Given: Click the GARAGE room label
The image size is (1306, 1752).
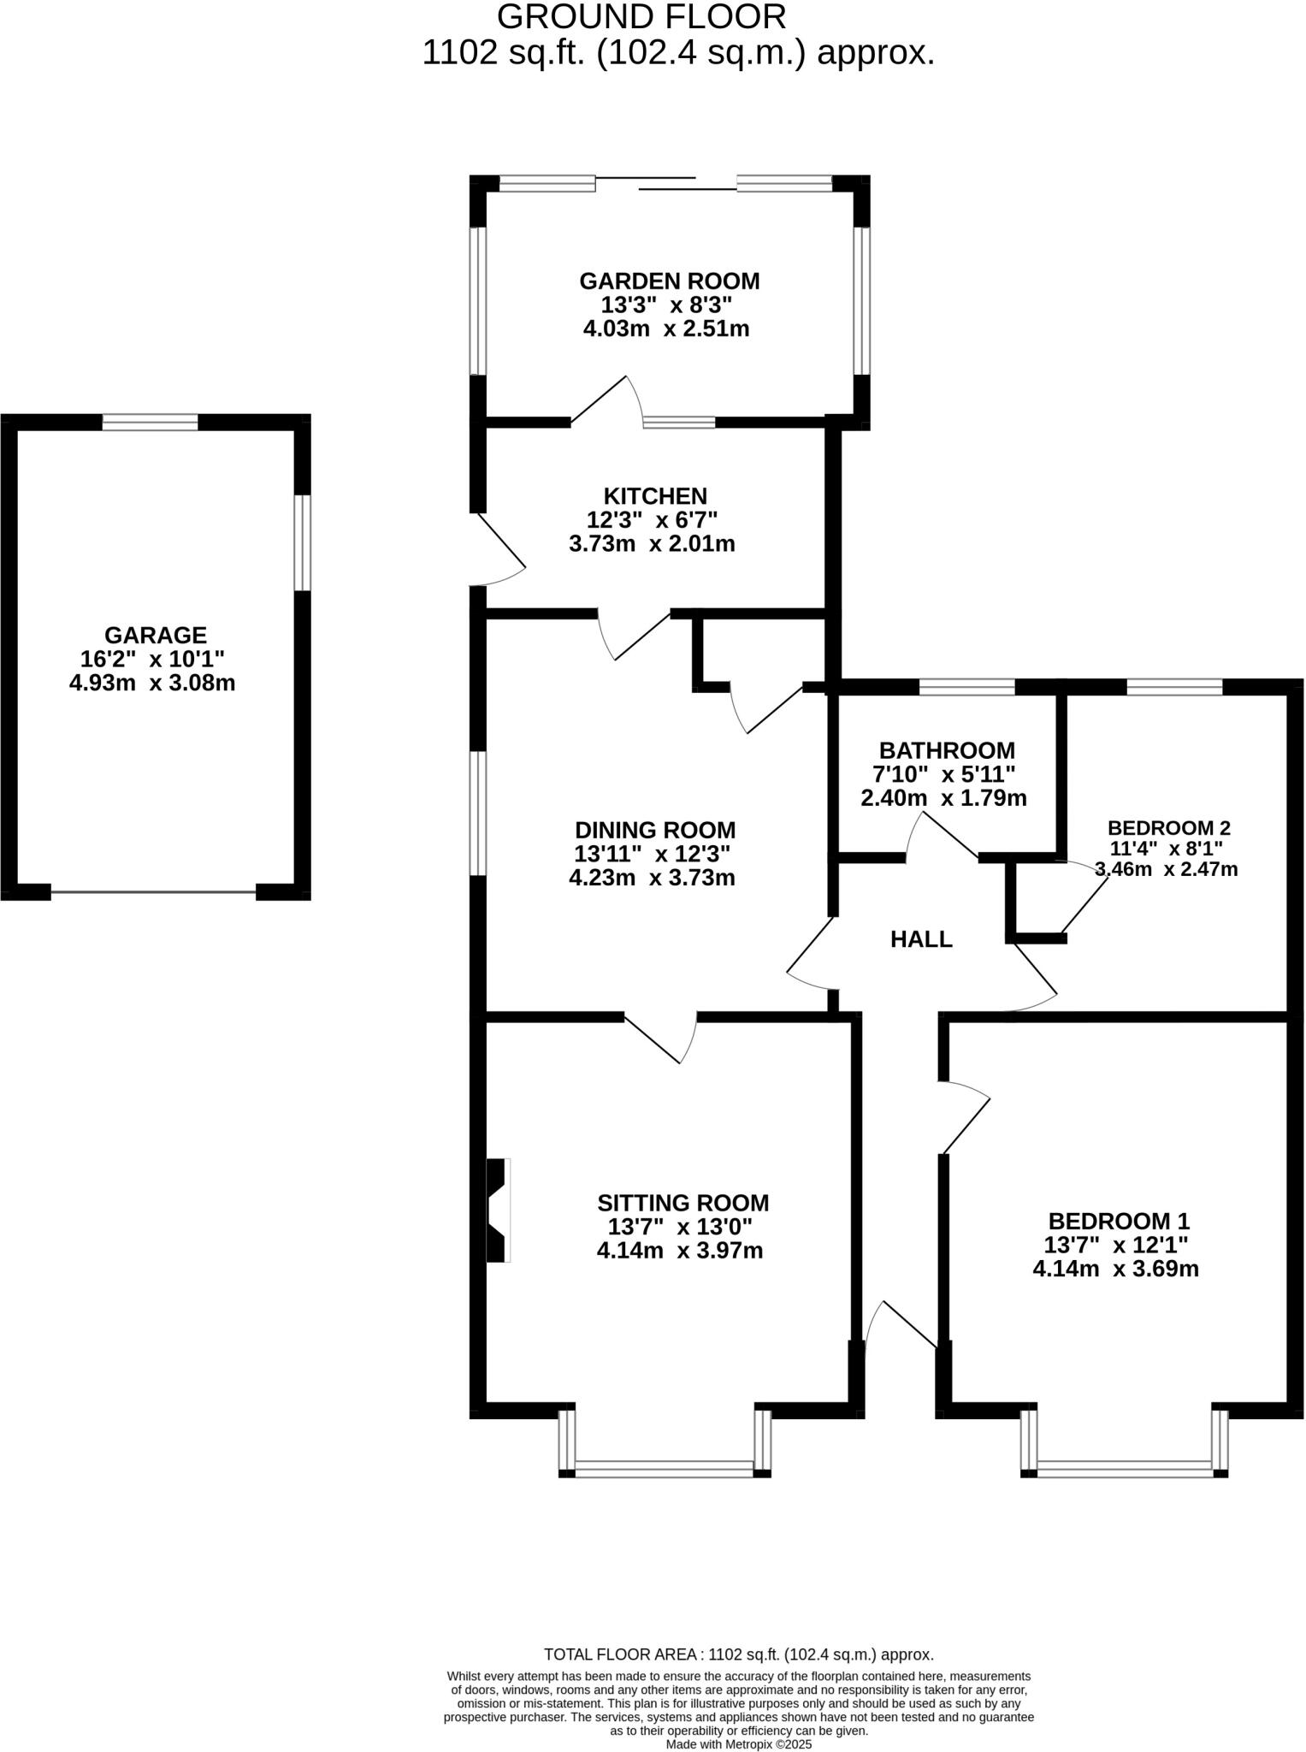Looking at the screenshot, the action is click(155, 635).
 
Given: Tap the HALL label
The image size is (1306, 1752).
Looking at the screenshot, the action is click(921, 939).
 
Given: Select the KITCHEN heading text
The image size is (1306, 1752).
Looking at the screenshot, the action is click(655, 496).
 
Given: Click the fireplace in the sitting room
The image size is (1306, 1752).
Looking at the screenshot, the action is click(498, 1210).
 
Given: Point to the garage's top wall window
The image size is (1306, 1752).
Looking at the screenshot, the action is click(151, 422).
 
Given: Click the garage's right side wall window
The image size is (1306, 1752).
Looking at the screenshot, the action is click(302, 542).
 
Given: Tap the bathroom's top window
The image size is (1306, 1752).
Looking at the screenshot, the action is click(967, 686).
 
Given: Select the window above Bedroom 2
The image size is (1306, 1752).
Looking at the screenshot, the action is click(1174, 686).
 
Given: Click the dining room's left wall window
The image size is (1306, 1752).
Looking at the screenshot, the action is click(478, 814).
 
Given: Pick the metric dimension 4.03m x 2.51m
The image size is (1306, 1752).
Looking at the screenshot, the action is click(666, 328).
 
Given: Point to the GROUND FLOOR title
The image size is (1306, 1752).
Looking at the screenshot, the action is click(641, 16).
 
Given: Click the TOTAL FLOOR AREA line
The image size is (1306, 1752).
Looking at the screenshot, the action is click(739, 1654).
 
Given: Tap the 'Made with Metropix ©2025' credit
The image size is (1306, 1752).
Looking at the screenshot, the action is click(739, 1744).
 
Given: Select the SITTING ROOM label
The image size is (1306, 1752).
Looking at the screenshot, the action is click(683, 1203).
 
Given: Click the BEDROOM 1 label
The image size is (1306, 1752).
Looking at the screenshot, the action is click(1119, 1221).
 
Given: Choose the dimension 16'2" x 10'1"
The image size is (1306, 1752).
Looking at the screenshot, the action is click(152, 659).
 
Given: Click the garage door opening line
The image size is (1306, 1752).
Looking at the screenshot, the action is click(154, 893).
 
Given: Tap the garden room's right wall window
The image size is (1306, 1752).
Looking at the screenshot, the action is click(861, 301).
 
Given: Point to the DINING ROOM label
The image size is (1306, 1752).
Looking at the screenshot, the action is click(655, 830).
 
